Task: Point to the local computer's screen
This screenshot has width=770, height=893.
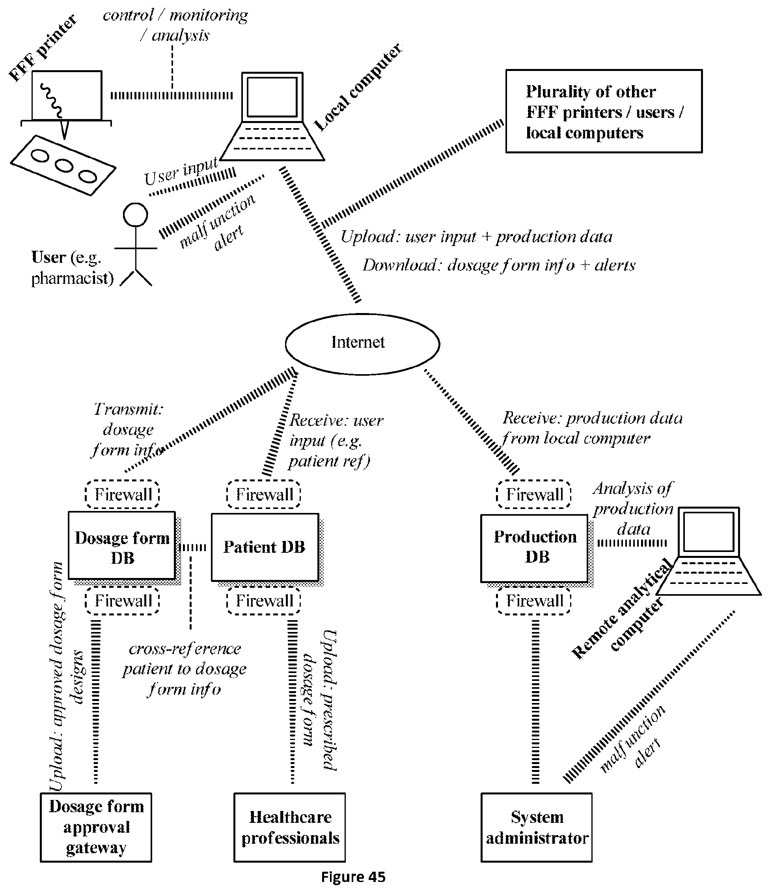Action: click(x=272, y=97)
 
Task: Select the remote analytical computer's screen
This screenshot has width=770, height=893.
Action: click(x=709, y=531)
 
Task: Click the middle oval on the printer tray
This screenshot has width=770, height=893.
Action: click(x=64, y=165)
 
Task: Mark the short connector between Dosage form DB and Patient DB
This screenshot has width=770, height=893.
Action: click(x=193, y=547)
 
